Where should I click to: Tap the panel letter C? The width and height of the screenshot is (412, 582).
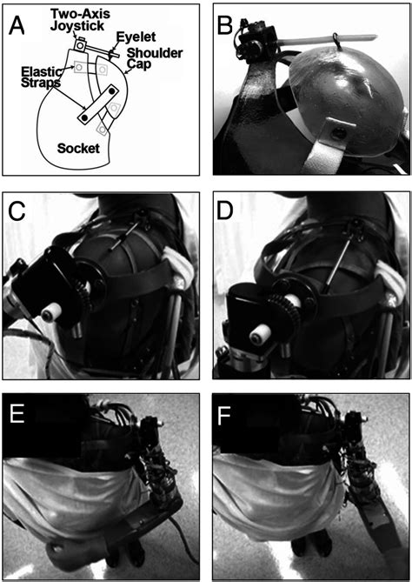click(17, 212)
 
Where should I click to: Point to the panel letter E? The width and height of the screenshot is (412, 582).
click(17, 415)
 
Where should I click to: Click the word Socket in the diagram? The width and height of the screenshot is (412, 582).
click(78, 149)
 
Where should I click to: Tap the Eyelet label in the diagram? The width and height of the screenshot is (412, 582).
click(136, 37)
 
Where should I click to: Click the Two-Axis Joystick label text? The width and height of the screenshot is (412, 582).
click(81, 20)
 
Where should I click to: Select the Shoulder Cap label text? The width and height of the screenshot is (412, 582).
click(154, 58)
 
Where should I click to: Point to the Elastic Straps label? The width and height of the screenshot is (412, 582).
click(41, 77)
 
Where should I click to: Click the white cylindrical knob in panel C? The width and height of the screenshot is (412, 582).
click(51, 315)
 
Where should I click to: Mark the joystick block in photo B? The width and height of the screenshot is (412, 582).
click(256, 38)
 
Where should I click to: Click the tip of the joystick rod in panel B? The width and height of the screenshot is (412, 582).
click(376, 37)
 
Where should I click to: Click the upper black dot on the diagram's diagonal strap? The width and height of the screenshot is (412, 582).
click(111, 90)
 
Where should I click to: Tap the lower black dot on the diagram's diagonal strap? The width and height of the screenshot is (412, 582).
click(85, 118)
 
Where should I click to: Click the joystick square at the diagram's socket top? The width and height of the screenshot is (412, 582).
click(80, 45)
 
